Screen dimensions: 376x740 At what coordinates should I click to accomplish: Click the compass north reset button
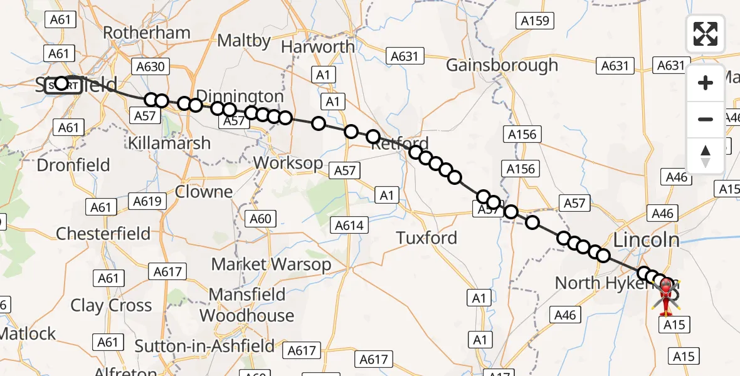[706, 155]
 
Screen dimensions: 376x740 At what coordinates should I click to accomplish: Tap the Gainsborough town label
[502, 65]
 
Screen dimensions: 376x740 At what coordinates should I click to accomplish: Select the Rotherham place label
[146, 33]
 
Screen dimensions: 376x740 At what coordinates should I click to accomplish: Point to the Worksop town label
[288, 163]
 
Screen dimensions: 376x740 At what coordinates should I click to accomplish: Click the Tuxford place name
[426, 238]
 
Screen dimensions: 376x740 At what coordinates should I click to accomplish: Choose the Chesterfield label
[103, 234]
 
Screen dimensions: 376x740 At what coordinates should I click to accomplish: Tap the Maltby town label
[244, 41]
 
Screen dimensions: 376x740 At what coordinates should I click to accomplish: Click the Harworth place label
[317, 47]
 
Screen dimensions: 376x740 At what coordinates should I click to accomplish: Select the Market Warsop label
[271, 264]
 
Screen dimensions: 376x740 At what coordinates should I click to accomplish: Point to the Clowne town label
[204, 192]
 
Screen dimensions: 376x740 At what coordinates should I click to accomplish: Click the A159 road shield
[535, 21]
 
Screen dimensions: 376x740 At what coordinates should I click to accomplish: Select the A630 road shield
[149, 66]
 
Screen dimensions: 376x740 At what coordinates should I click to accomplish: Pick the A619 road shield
[148, 201]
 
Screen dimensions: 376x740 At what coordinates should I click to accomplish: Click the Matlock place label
[28, 333]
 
